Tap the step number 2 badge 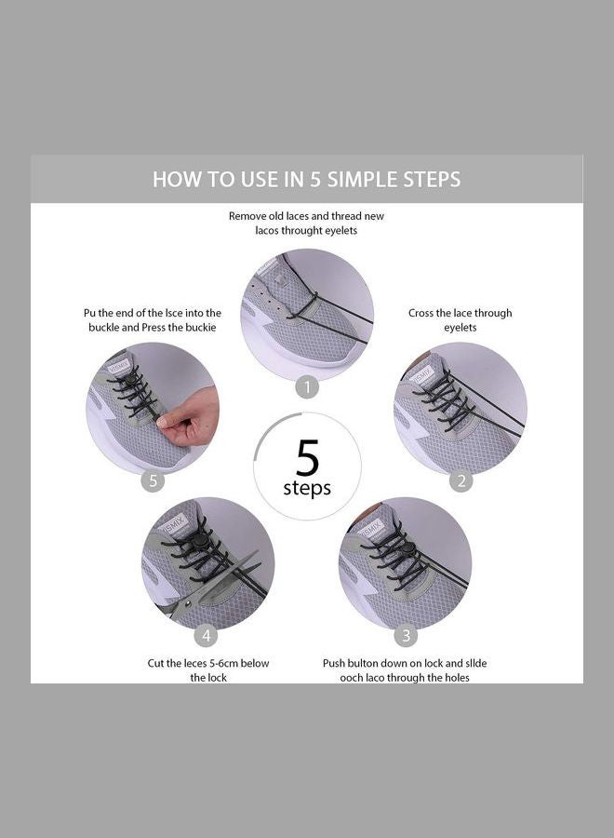tap(460, 480)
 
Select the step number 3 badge tap(405, 636)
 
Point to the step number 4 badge tap(207, 636)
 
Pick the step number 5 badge tap(153, 480)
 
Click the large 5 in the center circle tap(307, 458)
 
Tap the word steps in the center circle tap(307, 489)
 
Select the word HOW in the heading tap(173, 179)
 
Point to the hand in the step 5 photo tap(193, 419)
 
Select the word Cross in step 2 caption tap(423, 313)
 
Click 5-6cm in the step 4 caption tap(224, 663)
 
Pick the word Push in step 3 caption tap(336, 663)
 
